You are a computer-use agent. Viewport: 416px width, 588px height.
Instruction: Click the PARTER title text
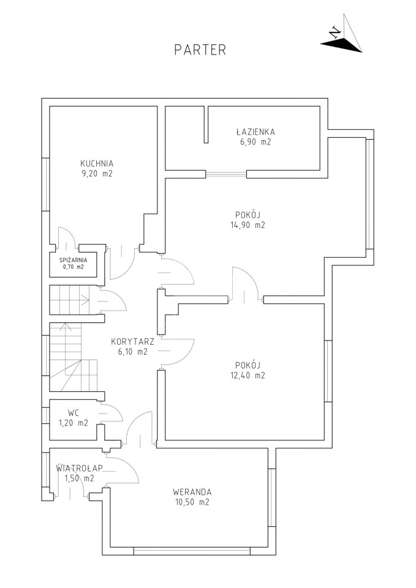click(200, 50)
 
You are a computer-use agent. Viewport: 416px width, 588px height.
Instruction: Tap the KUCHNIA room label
click(97, 164)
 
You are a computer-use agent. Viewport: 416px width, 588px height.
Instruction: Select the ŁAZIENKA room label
click(255, 132)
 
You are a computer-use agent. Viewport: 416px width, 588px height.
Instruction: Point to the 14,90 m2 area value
click(248, 225)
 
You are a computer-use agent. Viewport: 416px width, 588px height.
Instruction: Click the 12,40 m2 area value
click(248, 375)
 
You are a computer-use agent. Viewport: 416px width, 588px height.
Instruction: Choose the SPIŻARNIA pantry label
click(73, 260)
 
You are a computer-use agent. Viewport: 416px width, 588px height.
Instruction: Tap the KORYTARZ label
click(127, 342)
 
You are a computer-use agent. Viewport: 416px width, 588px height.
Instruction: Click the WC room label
click(74, 413)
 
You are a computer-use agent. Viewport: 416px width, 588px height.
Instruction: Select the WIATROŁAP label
click(80, 468)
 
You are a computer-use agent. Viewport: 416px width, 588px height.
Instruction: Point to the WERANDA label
click(192, 492)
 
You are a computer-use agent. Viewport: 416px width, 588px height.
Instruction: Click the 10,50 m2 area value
click(192, 502)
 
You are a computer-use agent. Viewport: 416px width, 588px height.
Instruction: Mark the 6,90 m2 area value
click(255, 142)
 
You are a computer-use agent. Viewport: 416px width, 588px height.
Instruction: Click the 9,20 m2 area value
click(97, 174)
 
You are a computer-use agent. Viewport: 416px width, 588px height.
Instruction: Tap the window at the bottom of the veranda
click(192, 551)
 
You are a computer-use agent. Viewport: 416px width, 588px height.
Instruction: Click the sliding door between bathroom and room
click(226, 174)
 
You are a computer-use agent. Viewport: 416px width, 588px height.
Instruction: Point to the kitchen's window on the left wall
click(46, 184)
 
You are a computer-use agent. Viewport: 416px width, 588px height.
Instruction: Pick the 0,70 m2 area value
click(73, 267)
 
